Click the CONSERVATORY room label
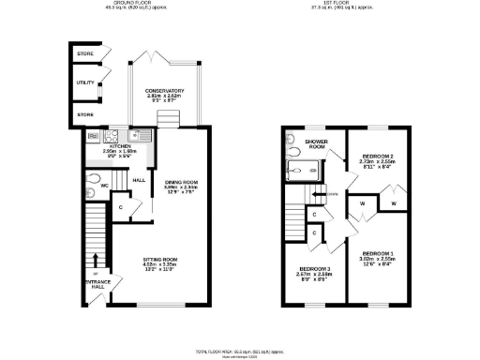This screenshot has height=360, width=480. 164,91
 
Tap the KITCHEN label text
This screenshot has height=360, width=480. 119,146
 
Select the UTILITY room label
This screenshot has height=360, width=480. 85,83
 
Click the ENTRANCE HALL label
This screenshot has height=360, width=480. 97,284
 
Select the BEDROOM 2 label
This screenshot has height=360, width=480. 378,155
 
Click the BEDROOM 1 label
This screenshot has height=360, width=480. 378,253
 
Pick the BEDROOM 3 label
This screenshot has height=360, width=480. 315,269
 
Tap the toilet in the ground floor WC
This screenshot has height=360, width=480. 92,179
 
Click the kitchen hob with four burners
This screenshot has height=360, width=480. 95,135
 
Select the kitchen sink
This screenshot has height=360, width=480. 134,135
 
